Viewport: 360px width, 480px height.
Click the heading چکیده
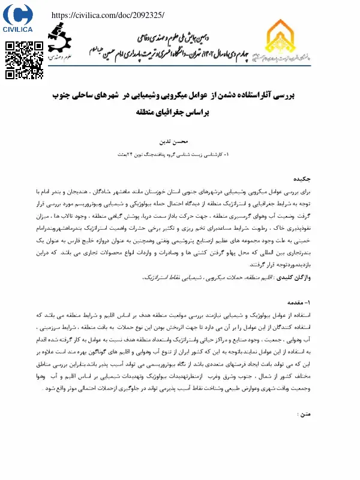[x=301, y=179]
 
